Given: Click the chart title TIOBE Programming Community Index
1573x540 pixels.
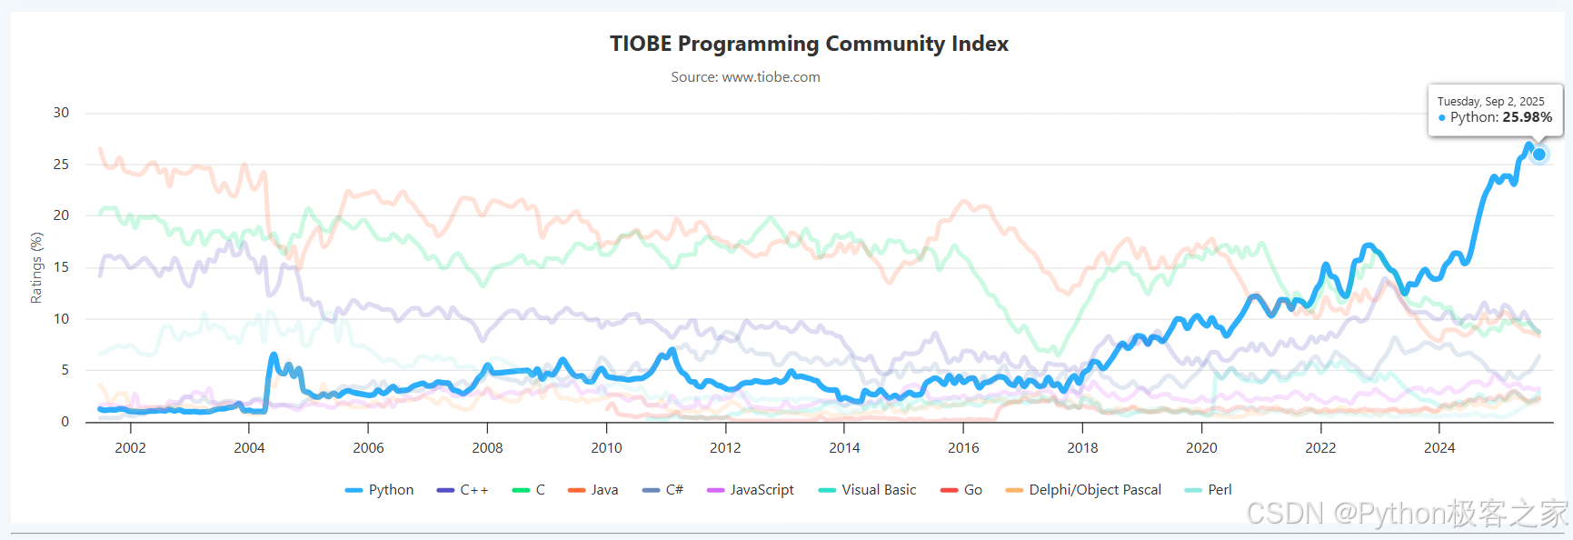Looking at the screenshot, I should click(809, 44).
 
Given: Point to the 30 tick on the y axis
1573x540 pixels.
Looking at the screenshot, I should click(61, 113).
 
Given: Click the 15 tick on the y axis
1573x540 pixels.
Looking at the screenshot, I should click(61, 267).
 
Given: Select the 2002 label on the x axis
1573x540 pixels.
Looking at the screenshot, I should click(130, 448).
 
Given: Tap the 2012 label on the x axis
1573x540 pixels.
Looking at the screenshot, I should click(725, 448).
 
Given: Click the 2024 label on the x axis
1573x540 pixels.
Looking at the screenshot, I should click(1439, 448).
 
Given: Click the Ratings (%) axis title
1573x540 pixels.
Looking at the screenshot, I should click(36, 267).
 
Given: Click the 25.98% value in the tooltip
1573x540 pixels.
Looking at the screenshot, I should click(1527, 117).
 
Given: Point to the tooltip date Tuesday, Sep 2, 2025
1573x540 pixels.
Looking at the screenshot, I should click(1490, 101).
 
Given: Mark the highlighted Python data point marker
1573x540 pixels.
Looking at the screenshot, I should click(1539, 155).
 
